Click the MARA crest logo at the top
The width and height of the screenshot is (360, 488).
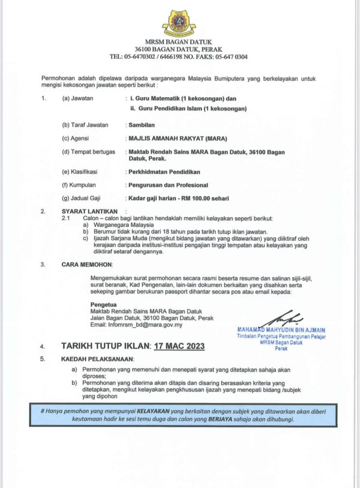click(178, 22)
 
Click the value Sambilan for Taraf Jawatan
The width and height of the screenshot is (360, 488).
click(142, 125)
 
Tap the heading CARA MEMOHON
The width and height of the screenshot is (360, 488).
click(86, 264)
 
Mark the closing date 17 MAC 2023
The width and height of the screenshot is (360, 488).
click(179, 346)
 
